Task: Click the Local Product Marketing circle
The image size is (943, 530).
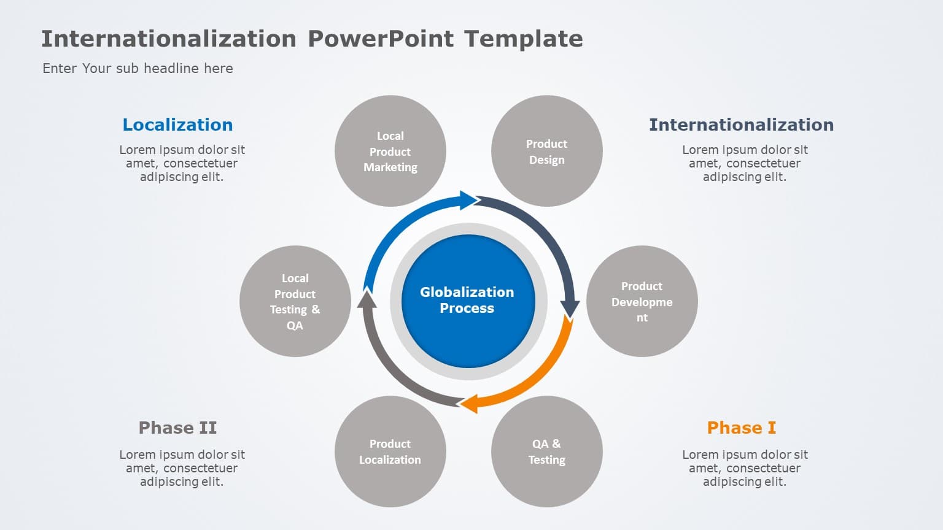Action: click(x=390, y=151)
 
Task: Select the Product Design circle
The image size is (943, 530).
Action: click(x=546, y=151)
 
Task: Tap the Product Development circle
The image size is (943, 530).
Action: click(x=642, y=301)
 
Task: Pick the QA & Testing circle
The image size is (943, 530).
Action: click(x=546, y=451)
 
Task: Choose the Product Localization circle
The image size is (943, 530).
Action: click(x=390, y=451)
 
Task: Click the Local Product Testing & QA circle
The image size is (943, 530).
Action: click(x=295, y=301)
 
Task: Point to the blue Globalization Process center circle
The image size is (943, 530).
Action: click(x=468, y=301)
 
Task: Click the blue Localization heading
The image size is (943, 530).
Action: click(x=177, y=125)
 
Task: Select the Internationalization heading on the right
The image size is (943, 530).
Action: click(x=741, y=125)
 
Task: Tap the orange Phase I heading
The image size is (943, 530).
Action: click(x=741, y=428)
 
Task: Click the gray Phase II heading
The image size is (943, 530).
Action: click(x=177, y=428)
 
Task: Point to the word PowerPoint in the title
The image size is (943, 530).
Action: click(x=381, y=39)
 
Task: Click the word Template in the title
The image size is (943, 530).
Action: click(x=523, y=39)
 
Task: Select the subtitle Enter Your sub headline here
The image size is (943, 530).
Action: click(x=138, y=68)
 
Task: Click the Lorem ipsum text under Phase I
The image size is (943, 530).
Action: click(x=745, y=468)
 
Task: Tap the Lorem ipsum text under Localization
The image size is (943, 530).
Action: click(x=182, y=163)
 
